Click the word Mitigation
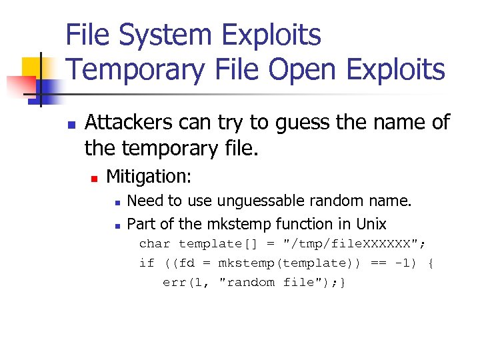[148, 177]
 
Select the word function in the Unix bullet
[307, 224]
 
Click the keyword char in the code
[155, 244]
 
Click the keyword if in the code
[147, 263]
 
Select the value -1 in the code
[402, 263]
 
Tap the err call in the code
[175, 282]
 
